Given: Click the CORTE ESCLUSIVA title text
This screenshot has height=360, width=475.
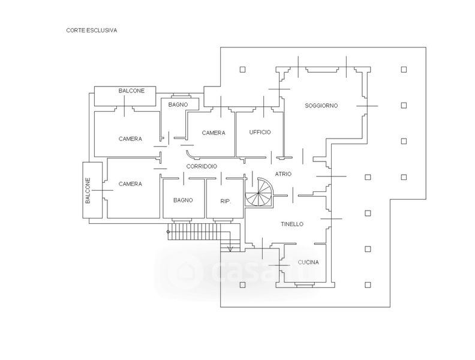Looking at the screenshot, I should tap(91, 29).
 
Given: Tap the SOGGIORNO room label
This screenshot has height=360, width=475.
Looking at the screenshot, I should tap(321, 106).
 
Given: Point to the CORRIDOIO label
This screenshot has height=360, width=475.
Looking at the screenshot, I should tap(201, 166).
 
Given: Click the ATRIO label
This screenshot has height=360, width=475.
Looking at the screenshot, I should tap(283, 174).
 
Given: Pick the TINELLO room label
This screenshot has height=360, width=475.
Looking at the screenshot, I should tap(292, 224).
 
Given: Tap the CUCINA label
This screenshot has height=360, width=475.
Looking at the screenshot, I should tap(308, 263).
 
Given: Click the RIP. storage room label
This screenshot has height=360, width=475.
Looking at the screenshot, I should tap(226, 200).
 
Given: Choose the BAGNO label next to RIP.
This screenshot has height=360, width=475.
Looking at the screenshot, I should tap(183, 200).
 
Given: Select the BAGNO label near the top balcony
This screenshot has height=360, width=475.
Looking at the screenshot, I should tap(178, 105).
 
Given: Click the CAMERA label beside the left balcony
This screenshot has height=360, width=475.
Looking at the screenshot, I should tap(130, 184).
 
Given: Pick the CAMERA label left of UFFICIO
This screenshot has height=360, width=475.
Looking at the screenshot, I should tap(213, 133).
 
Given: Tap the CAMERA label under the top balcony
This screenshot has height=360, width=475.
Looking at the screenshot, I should tap(130, 139).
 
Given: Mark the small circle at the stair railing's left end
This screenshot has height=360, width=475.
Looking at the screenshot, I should tap(169, 231).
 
